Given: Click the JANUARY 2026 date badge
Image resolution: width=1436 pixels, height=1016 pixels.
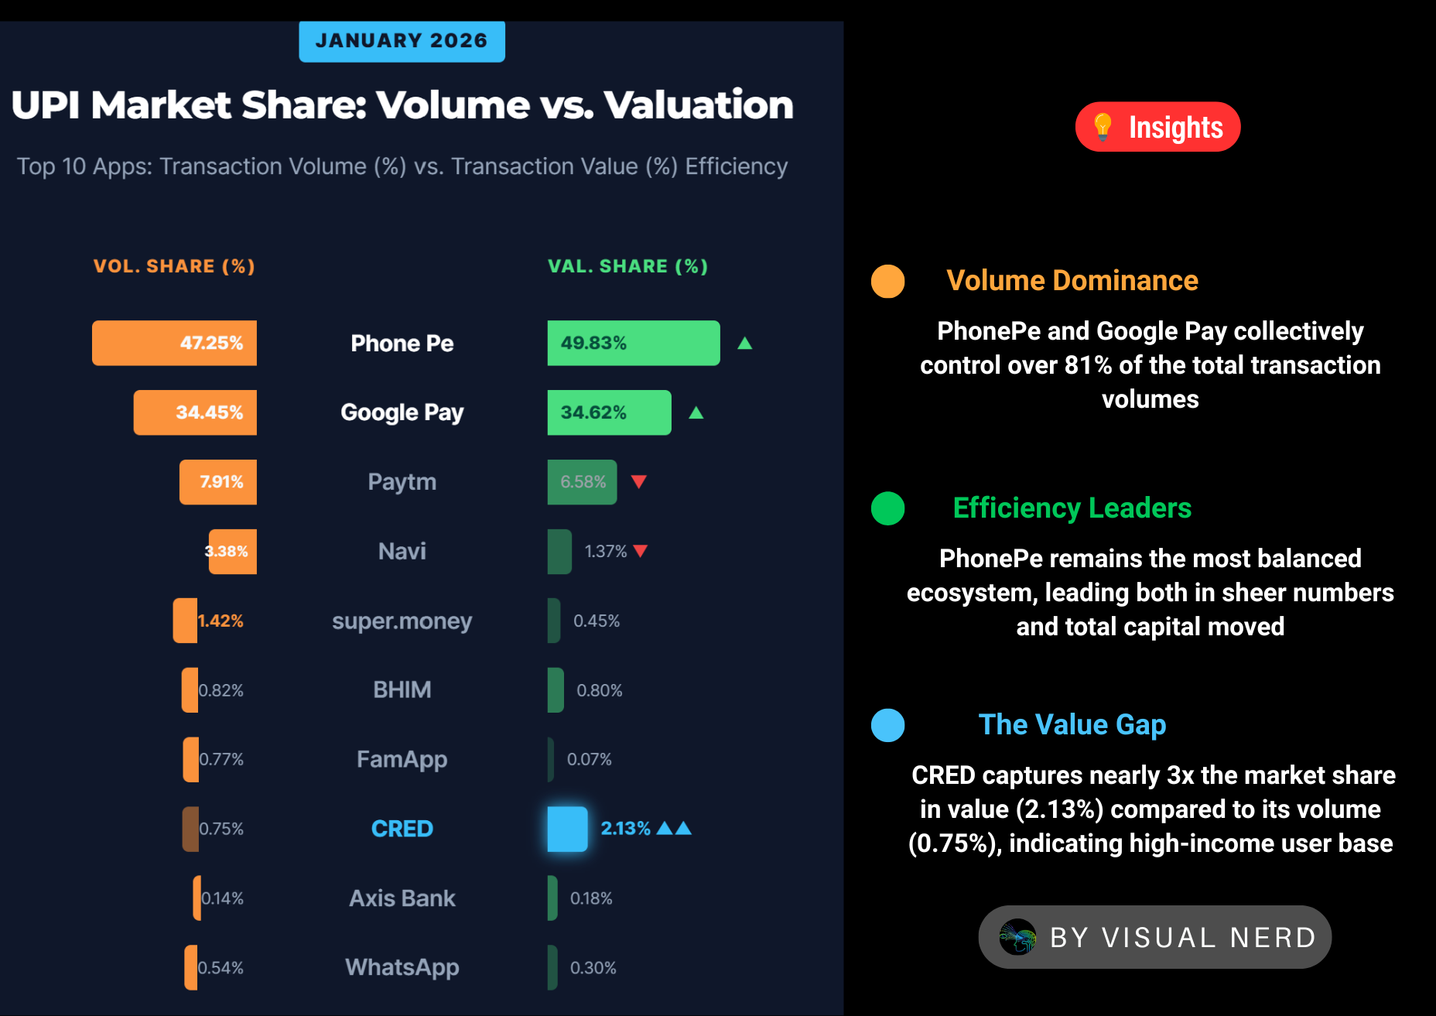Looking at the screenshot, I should pyautogui.click(x=402, y=41).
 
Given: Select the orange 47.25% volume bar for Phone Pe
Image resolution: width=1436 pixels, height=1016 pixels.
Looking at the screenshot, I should pyautogui.click(x=174, y=343).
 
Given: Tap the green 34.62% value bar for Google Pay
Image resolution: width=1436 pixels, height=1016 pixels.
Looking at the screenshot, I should pyautogui.click(x=609, y=412).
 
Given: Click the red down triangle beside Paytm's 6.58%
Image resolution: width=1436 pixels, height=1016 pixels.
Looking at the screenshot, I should pyautogui.click(x=638, y=481).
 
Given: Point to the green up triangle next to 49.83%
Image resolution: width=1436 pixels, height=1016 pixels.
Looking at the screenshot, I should pyautogui.click(x=744, y=343).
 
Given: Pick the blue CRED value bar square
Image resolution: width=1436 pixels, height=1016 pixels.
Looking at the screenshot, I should pyautogui.click(x=567, y=829).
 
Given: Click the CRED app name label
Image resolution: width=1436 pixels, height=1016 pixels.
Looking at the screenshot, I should pyautogui.click(x=402, y=829).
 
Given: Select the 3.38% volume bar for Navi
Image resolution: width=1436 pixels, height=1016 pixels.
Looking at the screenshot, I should pyautogui.click(x=232, y=551).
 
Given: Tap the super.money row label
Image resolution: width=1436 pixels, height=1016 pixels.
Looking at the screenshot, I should pyautogui.click(x=402, y=621).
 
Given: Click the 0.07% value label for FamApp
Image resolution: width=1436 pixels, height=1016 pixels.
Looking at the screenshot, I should pyautogui.click(x=589, y=759).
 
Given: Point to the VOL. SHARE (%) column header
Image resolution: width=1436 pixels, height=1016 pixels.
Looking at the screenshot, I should pyautogui.click(x=174, y=266).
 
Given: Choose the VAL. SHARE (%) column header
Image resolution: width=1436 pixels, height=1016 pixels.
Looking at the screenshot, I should pyautogui.click(x=627, y=266).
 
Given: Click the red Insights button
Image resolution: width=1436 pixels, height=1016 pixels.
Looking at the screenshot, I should pyautogui.click(x=1157, y=127).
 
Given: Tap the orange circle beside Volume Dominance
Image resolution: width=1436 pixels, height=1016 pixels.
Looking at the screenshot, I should pyautogui.click(x=887, y=281).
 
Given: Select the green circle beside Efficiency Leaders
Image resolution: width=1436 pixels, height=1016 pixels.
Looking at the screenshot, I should pyautogui.click(x=887, y=508).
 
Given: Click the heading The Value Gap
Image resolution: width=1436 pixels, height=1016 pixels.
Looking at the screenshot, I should pyautogui.click(x=1072, y=724).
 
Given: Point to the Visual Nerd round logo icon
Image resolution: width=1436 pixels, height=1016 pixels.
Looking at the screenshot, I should pyautogui.click(x=1017, y=937).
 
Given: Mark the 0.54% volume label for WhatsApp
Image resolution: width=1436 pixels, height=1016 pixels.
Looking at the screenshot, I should pyautogui.click(x=221, y=968).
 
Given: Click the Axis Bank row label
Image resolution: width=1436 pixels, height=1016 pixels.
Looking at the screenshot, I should pyautogui.click(x=402, y=898).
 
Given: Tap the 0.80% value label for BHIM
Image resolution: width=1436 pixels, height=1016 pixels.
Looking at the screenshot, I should pyautogui.click(x=599, y=690).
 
